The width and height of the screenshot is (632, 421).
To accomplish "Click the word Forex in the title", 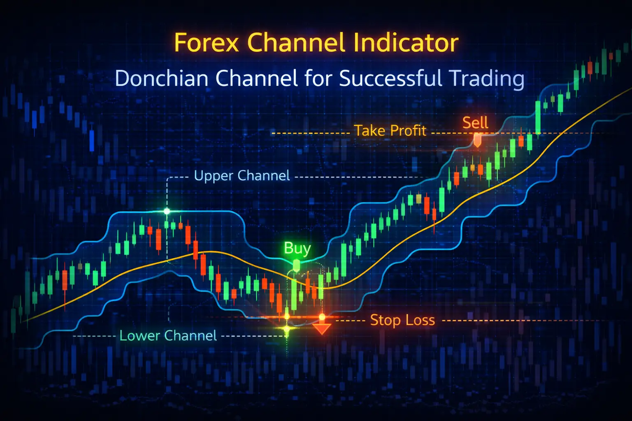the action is (207, 43).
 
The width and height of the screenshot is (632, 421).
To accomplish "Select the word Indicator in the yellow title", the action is (406, 42).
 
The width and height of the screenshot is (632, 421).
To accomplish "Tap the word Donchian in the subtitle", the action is (161, 78).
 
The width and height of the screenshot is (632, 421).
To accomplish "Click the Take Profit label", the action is (390, 131).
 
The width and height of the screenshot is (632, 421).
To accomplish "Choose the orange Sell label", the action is (475, 123).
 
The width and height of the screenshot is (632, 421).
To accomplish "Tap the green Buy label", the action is (297, 248).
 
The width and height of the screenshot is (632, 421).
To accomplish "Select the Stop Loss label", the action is (402, 320).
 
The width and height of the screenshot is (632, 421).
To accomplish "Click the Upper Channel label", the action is (242, 176).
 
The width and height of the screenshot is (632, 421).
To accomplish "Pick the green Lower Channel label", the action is (168, 335).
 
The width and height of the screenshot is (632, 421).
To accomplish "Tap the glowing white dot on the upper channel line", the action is (167, 211).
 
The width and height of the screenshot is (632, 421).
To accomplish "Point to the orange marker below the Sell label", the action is (477, 141).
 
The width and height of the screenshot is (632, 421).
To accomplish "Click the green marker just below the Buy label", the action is (296, 266).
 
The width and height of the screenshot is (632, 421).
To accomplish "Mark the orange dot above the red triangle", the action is (322, 317).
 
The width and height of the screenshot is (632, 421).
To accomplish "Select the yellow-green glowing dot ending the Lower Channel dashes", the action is (287, 329).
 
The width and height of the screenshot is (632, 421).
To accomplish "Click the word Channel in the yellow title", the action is (296, 42).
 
